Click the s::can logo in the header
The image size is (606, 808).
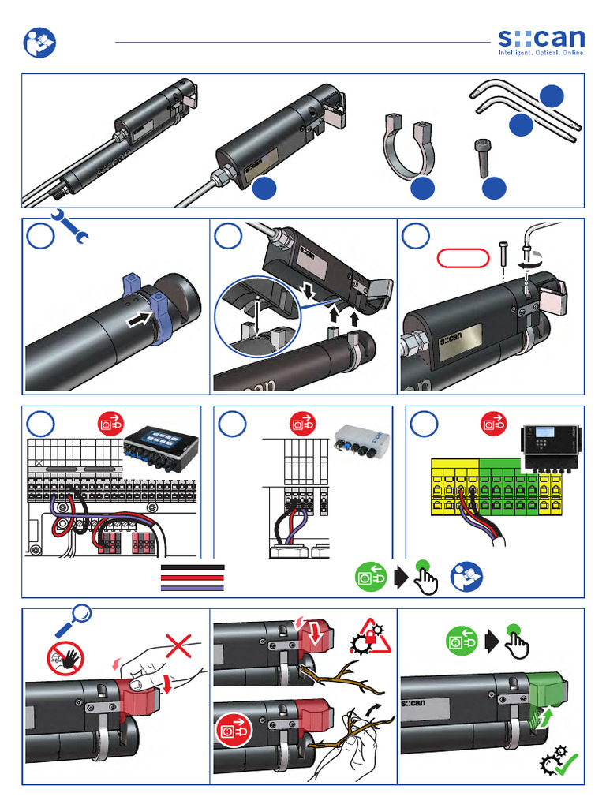coord(541,42)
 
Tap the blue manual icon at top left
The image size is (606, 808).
coord(39,43)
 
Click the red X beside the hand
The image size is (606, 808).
coord(178,647)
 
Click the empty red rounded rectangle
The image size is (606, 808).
coord(462,258)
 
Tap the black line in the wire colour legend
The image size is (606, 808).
coord(193,567)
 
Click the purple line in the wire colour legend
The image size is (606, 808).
coord(193,588)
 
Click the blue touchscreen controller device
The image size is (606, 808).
coord(161,447)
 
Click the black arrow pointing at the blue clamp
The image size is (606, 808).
coord(140,319)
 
